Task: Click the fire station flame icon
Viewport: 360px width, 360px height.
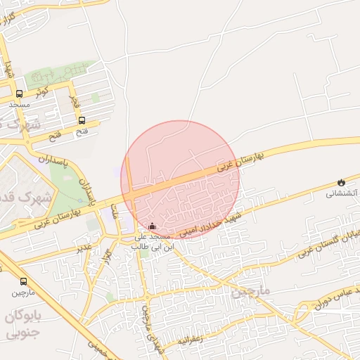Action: [342, 182]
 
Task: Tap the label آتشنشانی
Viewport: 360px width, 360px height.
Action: [342, 193]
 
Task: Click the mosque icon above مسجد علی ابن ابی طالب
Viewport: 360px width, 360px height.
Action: [153, 226]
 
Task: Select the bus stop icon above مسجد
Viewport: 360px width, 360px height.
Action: [19, 94]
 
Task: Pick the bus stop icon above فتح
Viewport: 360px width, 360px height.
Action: [82, 120]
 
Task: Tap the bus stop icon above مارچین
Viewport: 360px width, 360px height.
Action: [24, 281]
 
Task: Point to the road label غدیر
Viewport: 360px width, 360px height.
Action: [84, 247]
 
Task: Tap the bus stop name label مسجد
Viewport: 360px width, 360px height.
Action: [19, 104]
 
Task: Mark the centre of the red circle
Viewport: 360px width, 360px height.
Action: [180, 179]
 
